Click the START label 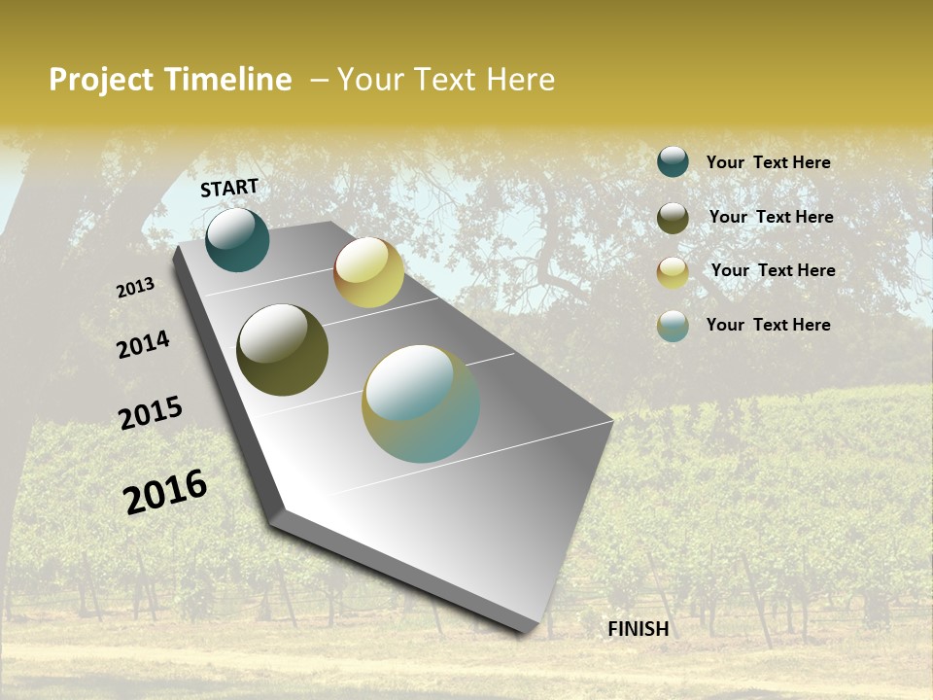pyautogui.click(x=229, y=188)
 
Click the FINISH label pyautogui.click(x=638, y=629)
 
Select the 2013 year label pyautogui.click(x=135, y=288)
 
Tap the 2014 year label pyautogui.click(x=144, y=345)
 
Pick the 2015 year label pyautogui.click(x=151, y=412)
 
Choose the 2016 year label pyautogui.click(x=165, y=492)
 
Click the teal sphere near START pyautogui.click(x=237, y=240)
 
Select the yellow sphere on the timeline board pyautogui.click(x=368, y=272)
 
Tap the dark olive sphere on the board pyautogui.click(x=282, y=350)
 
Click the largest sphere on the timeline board pyautogui.click(x=421, y=403)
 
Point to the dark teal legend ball pyautogui.click(x=673, y=162)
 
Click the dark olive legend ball pyautogui.click(x=673, y=218)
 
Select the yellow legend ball pyautogui.click(x=673, y=272)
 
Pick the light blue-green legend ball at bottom pyautogui.click(x=673, y=326)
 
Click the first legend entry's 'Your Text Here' pyautogui.click(x=768, y=162)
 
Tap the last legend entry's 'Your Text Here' pyautogui.click(x=768, y=325)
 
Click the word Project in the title pyautogui.click(x=102, y=80)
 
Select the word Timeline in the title pyautogui.click(x=227, y=80)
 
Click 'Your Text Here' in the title pyautogui.click(x=446, y=80)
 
